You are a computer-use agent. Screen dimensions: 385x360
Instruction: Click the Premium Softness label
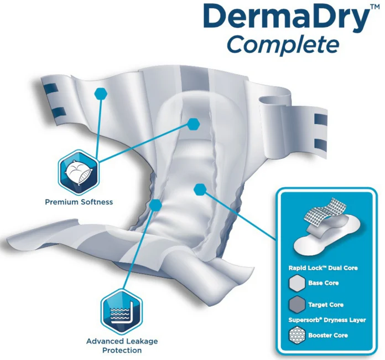79,202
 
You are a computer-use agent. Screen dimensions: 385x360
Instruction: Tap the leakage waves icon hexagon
122,311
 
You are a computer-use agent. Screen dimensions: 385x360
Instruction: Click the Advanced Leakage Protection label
122,346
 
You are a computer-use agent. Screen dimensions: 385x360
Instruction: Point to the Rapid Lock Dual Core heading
323,268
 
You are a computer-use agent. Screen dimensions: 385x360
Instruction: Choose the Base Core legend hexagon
297,283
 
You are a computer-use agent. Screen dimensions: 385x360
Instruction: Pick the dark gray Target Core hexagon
297,305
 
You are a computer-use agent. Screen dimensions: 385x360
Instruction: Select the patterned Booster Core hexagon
297,335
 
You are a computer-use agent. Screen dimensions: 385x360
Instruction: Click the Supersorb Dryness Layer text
327,320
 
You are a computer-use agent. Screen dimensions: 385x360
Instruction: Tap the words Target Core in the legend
326,305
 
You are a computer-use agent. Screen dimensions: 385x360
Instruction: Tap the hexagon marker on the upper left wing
101,93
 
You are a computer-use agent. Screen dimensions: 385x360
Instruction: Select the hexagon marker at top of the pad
193,124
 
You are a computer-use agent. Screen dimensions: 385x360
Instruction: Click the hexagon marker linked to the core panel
200,189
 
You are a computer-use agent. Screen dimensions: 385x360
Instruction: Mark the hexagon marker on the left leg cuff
155,205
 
